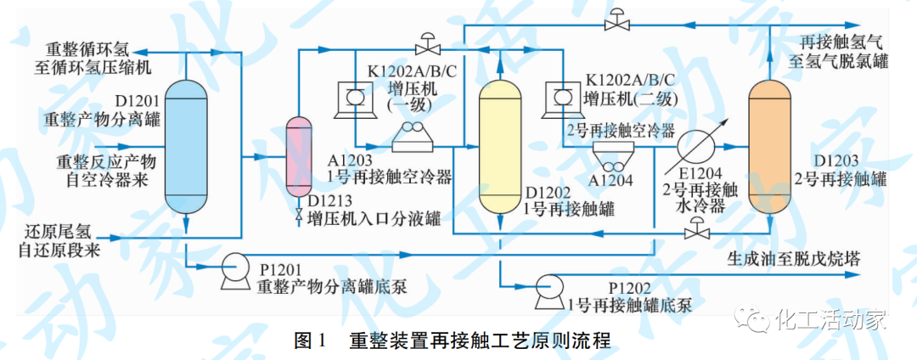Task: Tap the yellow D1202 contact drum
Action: (x=500, y=148)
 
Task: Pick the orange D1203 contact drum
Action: (x=769, y=148)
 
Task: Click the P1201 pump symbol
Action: (x=231, y=273)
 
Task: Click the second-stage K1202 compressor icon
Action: (x=558, y=97)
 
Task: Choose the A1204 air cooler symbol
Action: (x=610, y=153)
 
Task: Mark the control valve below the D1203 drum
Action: (x=698, y=227)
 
